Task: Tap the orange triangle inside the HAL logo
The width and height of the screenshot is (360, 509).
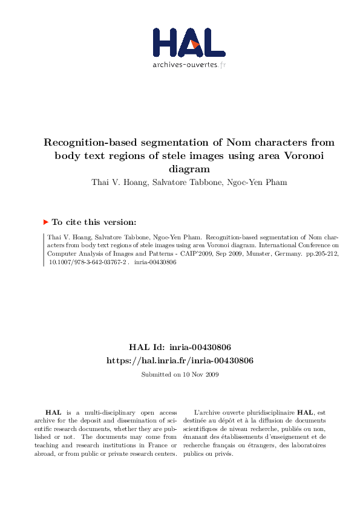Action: (x=195, y=44)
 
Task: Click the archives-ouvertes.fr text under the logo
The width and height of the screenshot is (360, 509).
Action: (x=189, y=65)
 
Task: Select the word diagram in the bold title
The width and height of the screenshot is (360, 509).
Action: (x=188, y=170)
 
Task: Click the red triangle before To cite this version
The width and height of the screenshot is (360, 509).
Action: (x=45, y=222)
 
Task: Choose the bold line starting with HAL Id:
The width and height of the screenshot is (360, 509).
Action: (x=180, y=348)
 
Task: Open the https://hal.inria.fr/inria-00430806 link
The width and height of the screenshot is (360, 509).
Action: (x=180, y=360)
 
